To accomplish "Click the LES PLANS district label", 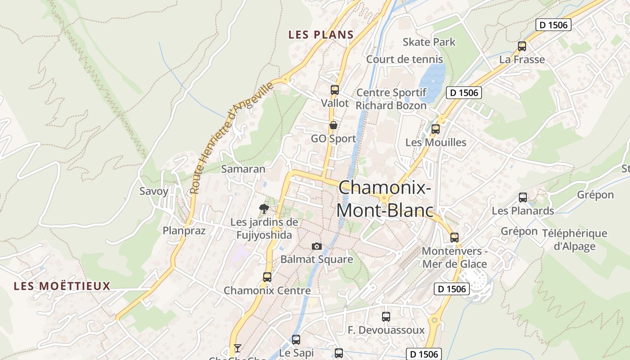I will [321, 35].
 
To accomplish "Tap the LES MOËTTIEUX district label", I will [62, 286].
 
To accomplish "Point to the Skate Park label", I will [429, 42].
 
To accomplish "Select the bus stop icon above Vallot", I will [334, 90].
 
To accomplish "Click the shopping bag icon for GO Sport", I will [333, 125].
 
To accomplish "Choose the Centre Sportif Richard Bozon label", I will [391, 99].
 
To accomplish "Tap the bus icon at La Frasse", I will [522, 46].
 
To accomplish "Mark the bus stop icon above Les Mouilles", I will [435, 129].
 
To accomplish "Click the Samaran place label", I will [243, 169].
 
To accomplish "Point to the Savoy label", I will [154, 191].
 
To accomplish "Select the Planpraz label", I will [184, 231].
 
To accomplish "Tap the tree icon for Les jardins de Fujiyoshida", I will [264, 208].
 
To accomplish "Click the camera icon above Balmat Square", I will [317, 246].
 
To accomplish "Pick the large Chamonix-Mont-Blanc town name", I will [385, 198].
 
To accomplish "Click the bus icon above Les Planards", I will [522, 197].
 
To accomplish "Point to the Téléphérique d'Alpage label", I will [574, 239].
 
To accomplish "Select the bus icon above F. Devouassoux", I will [386, 316].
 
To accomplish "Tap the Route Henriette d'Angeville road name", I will [231, 137].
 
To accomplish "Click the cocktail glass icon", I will [238, 348].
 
